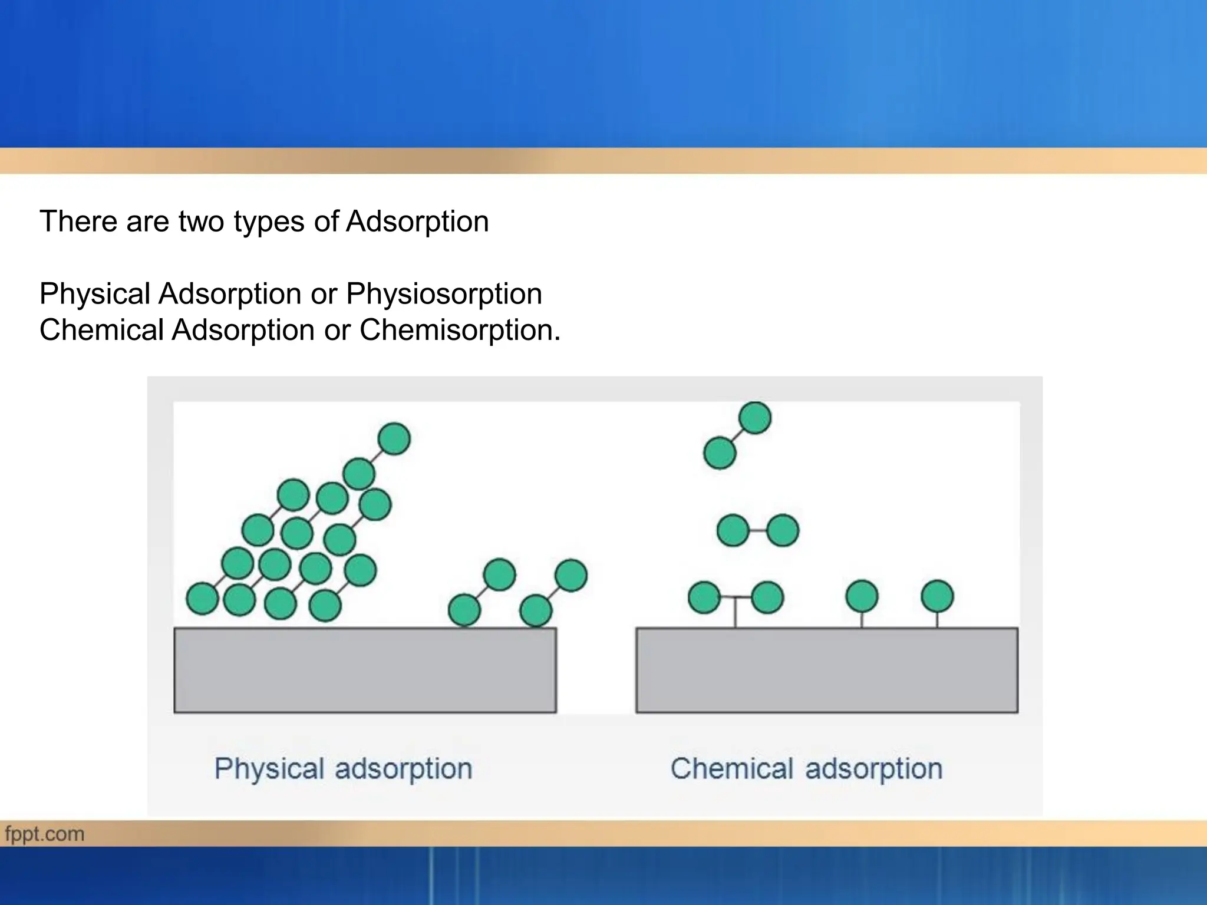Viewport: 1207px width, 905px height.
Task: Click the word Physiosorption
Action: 443,294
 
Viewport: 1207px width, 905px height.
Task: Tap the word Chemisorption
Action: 459,330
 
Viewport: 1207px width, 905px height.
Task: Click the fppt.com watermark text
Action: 45,834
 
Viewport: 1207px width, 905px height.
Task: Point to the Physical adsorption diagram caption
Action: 343,769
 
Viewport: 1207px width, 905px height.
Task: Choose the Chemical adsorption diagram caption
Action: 806,769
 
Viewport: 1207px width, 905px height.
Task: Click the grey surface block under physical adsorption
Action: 365,670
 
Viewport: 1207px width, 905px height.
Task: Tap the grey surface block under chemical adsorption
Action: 826,670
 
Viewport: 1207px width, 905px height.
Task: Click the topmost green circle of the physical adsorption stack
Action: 394,439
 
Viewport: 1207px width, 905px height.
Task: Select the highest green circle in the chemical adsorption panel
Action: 754,418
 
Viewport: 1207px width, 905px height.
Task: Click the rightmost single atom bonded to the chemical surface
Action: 937,596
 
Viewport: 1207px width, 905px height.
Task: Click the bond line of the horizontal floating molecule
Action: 758,530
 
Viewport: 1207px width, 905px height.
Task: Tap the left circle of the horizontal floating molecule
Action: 733,530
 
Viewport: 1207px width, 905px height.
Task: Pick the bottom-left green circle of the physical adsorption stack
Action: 203,599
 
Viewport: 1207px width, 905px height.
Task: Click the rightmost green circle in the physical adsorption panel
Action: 570,575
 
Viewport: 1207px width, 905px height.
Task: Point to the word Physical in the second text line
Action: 94,294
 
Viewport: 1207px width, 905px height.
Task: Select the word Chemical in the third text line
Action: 101,330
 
